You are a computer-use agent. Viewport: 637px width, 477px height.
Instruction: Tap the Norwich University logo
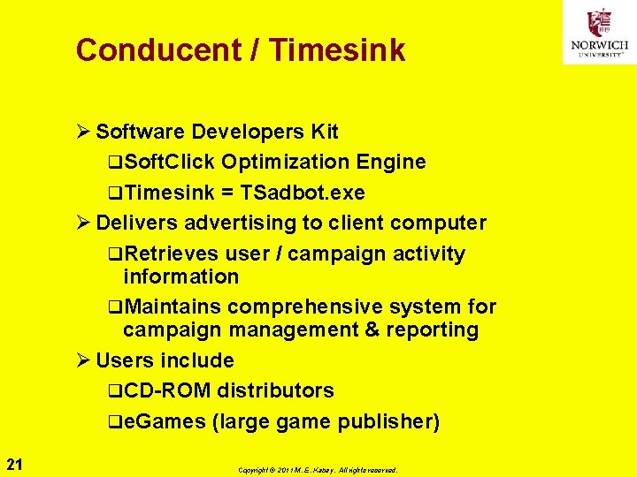pos(599,33)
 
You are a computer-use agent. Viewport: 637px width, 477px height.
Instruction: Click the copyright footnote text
pos(318,470)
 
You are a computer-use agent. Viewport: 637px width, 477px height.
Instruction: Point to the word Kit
pos(324,132)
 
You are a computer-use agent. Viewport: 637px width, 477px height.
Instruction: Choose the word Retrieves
pos(172,254)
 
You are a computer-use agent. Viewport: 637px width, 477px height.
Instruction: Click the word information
pos(180,276)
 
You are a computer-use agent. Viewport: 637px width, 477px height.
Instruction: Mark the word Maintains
pos(173,307)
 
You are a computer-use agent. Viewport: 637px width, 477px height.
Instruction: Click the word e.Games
pos(165,421)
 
